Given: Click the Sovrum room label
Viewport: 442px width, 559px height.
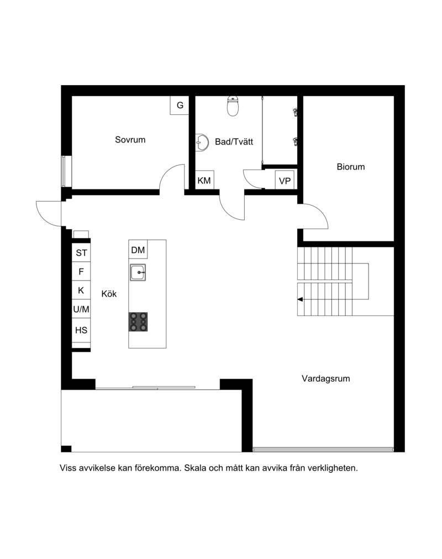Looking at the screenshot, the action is tap(130, 140).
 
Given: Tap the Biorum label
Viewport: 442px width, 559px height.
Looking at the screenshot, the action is tap(351, 167).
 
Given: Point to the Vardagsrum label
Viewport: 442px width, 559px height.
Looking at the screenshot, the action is tap(326, 378).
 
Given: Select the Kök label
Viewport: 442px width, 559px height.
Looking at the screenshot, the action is tap(109, 294).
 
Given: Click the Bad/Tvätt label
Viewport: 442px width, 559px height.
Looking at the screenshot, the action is tap(234, 142).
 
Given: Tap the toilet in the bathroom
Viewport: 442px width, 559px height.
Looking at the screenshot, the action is tap(233, 106).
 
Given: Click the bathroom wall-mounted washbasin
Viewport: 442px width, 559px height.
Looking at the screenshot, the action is tap(202, 143).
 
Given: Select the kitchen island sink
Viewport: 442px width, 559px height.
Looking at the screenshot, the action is tap(138, 273).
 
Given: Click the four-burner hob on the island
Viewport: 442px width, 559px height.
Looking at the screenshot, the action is tap(138, 321).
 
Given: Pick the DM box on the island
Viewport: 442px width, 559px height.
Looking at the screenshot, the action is tap(138, 250).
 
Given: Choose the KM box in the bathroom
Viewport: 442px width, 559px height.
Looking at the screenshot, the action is tap(204, 181).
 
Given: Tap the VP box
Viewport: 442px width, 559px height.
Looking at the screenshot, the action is tap(285, 181).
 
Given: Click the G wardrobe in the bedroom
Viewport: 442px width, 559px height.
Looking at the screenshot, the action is tap(180, 105).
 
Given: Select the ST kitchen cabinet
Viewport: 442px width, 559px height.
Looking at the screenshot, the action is tap(81, 253).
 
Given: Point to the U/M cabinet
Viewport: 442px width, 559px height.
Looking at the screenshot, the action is tap(81, 309).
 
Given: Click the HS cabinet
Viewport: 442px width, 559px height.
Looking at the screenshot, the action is tap(81, 330).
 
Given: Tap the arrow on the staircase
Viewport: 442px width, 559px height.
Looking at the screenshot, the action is tap(301, 299).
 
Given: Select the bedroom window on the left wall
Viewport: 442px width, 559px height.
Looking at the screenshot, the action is tap(64, 171).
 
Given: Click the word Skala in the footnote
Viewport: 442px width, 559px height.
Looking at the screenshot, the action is tap(196, 468).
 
